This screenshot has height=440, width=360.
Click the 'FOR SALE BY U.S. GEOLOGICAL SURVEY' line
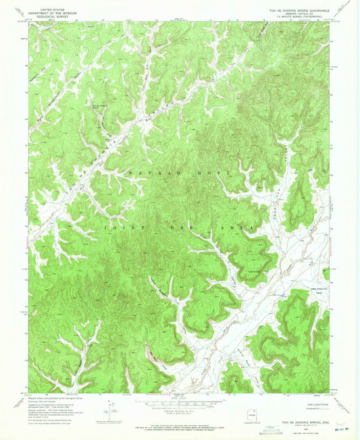179,427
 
